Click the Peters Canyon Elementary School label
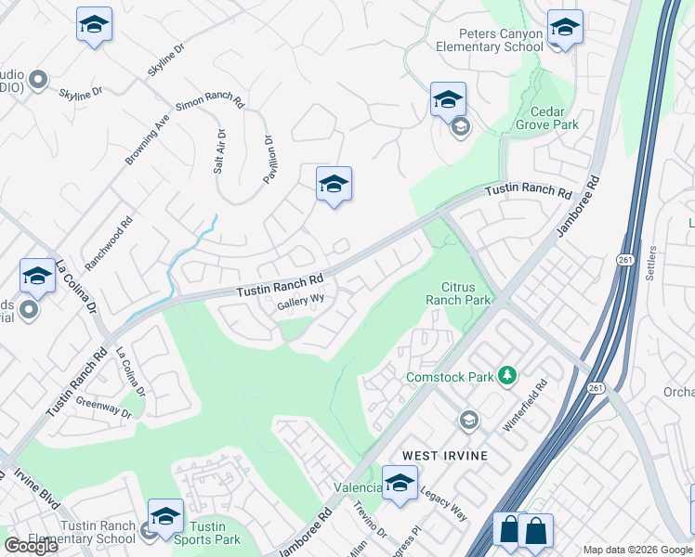click(x=490, y=40)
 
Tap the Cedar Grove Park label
click(x=547, y=117)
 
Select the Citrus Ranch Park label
click(x=457, y=293)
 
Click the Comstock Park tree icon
click(x=506, y=375)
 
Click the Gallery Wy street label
click(x=301, y=300)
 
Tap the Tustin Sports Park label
click(x=208, y=533)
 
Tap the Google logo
click(x=31, y=546)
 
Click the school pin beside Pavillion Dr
click(x=334, y=185)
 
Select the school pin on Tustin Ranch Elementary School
click(x=165, y=517)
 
